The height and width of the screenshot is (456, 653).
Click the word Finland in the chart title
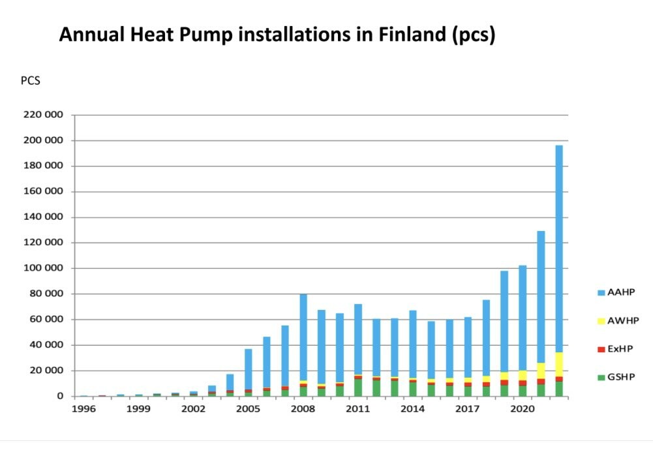(x=411, y=35)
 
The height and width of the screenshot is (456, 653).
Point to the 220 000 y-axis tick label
(x=45, y=115)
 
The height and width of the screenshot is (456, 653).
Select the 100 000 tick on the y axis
(x=45, y=268)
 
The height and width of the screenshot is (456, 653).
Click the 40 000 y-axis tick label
(x=48, y=345)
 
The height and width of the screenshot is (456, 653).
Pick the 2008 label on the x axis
(x=303, y=409)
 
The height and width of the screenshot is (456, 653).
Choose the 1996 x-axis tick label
(x=84, y=409)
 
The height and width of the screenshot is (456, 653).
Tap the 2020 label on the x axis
(x=522, y=409)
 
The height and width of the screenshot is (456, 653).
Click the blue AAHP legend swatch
(x=601, y=293)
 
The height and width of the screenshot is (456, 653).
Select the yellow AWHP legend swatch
(x=601, y=321)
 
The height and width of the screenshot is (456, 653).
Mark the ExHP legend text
(x=620, y=349)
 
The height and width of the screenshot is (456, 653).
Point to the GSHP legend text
(x=621, y=377)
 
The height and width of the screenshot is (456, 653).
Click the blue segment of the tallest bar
(x=559, y=248)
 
